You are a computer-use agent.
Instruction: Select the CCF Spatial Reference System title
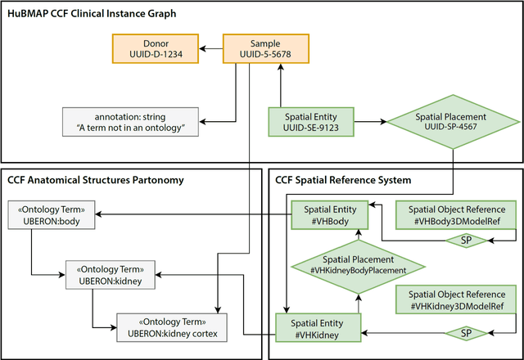[x=343, y=179]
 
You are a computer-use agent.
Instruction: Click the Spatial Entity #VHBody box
[x=328, y=214]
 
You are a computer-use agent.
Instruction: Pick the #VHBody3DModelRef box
[x=458, y=214]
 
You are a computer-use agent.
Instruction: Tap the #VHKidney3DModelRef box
[x=458, y=299]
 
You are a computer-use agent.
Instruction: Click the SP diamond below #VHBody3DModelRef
[x=464, y=241]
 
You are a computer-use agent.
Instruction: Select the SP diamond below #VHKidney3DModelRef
[x=464, y=333]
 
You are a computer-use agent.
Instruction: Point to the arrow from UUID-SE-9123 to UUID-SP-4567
[x=373, y=123]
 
